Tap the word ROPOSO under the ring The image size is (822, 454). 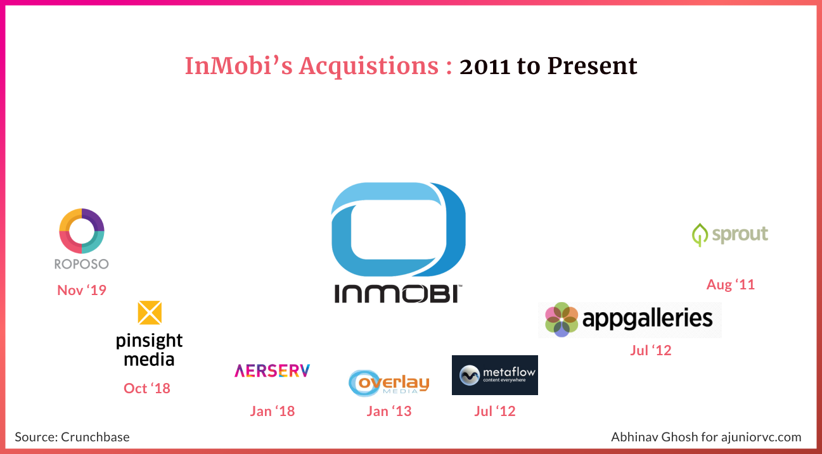[x=82, y=264]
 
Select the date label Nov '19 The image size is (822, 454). [x=82, y=290]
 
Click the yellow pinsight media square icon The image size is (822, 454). [x=150, y=313]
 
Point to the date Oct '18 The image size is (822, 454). [x=147, y=388]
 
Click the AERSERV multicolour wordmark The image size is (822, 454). [x=273, y=371]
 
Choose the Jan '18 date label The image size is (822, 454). [x=273, y=411]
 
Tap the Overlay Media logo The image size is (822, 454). [x=389, y=383]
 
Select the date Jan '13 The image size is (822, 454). [x=389, y=411]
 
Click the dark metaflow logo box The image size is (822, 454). [x=495, y=375]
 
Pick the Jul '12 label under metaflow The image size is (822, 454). [x=495, y=411]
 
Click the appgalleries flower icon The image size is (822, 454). [x=561, y=319]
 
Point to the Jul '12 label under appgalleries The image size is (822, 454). [x=651, y=350]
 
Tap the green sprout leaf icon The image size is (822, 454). [x=700, y=235]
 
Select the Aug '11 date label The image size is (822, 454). [x=731, y=284]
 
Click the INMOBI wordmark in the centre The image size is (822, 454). [x=398, y=294]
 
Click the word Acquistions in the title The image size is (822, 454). [x=368, y=66]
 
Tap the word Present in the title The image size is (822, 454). [x=592, y=66]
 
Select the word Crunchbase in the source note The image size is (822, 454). [x=95, y=437]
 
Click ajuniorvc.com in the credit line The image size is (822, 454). [x=761, y=437]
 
